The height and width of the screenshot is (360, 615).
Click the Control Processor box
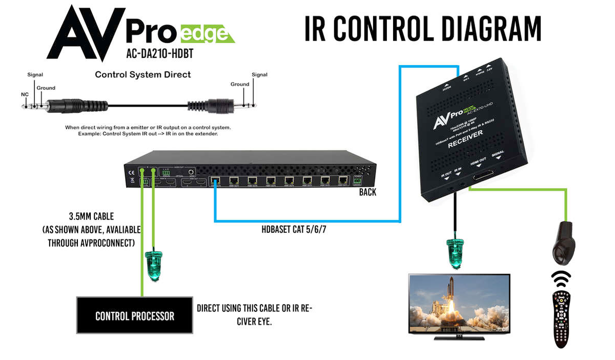[x=135, y=315]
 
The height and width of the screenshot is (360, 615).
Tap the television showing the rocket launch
[x=459, y=305]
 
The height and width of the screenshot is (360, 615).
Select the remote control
[x=561, y=318]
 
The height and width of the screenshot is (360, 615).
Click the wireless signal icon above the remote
[x=561, y=279]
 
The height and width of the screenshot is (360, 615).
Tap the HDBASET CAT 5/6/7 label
[x=294, y=229]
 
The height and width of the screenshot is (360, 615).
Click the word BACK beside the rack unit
[x=367, y=192]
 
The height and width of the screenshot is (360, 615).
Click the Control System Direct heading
[x=143, y=75]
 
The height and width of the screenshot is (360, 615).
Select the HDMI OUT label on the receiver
[x=483, y=161]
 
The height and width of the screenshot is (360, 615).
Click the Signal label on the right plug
[x=259, y=75]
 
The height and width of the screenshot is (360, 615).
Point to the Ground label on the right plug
[x=240, y=84]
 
